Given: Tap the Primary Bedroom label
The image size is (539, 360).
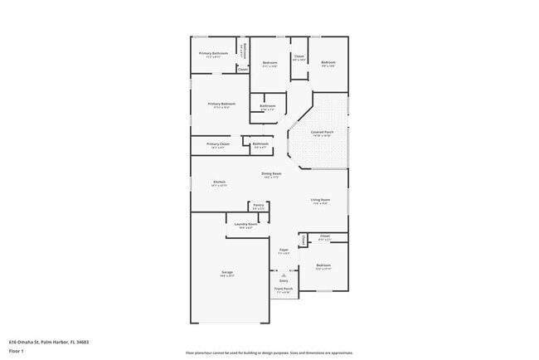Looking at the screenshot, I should (x=223, y=104).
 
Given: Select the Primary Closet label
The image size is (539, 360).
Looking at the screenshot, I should (x=218, y=144).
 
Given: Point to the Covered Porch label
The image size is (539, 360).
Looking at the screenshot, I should (x=323, y=132).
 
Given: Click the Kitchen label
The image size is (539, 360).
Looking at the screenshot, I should (x=219, y=182).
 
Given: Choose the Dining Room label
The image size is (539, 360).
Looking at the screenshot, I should (x=271, y=173).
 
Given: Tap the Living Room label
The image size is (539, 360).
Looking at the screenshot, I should (x=321, y=200).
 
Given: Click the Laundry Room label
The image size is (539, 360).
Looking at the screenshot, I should (x=246, y=224).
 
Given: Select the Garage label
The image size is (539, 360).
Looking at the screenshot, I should (x=227, y=272).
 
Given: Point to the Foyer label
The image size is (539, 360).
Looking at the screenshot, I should (x=283, y=249).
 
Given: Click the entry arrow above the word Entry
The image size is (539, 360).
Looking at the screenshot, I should (x=284, y=275).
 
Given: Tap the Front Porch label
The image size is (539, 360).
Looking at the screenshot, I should (x=284, y=290).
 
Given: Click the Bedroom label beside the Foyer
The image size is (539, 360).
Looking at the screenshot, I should (x=323, y=265).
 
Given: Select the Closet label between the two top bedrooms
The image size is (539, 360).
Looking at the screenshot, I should (x=299, y=56).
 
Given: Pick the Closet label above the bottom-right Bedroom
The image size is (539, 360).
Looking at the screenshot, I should (x=324, y=236).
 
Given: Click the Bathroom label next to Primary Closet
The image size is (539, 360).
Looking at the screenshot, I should (x=260, y=144).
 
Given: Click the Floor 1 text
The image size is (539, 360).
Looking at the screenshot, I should (x=17, y=351).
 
